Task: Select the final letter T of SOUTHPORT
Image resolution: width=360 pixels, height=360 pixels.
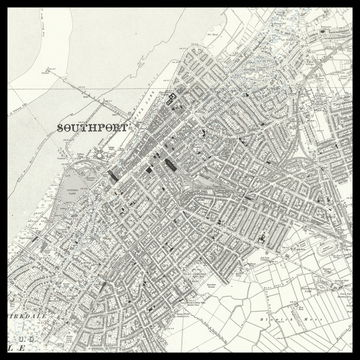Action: click(x=125, y=129)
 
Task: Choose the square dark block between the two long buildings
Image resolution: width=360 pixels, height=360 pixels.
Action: click(x=151, y=169)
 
